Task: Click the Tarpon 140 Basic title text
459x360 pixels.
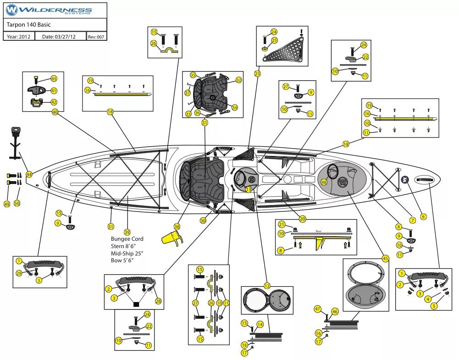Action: pyautogui.click(x=28, y=24)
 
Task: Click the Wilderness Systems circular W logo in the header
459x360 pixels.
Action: pyautogui.click(x=12, y=10)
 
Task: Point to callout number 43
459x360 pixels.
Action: pyautogui.click(x=54, y=79)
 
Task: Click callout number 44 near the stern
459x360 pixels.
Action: pyautogui.click(x=29, y=174)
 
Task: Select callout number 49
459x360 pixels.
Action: pyautogui.click(x=7, y=204)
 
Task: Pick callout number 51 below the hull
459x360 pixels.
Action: pyautogui.click(x=111, y=227)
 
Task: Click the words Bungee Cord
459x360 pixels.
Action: pyautogui.click(x=127, y=239)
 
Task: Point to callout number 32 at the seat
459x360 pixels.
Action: pyautogui.click(x=239, y=80)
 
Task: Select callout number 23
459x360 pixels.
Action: pyautogui.click(x=257, y=73)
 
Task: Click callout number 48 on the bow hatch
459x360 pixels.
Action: pyautogui.click(x=324, y=182)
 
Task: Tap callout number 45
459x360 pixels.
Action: pyautogui.click(x=385, y=259)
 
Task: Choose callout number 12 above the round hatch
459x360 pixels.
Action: pyautogui.click(x=267, y=286)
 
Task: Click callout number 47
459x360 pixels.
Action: pyautogui.click(x=317, y=309)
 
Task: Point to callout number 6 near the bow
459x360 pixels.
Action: pyautogui.click(x=423, y=216)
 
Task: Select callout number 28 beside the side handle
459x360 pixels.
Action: pyautogui.click(x=159, y=301)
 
